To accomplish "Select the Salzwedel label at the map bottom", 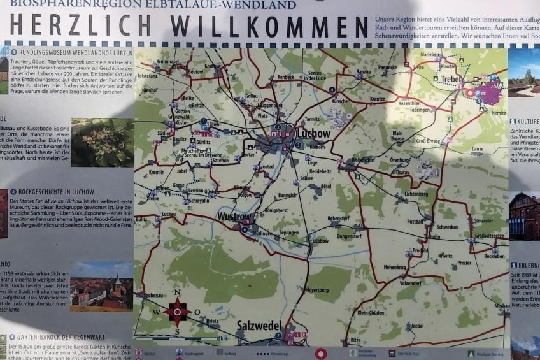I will [258, 326].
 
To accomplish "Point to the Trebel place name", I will [451, 79].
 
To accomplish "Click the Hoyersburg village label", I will [317, 289].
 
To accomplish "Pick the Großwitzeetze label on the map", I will [489, 236].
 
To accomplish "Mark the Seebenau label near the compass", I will [153, 296].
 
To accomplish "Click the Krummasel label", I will [167, 61].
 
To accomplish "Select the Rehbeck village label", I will [286, 77].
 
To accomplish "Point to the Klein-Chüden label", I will [371, 313].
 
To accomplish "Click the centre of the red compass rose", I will [176, 312].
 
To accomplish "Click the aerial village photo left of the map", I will [102, 142].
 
